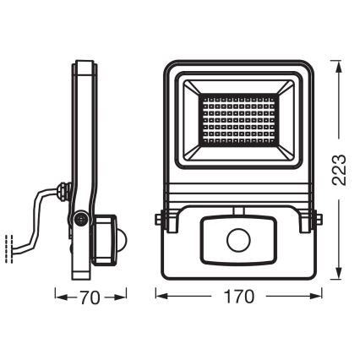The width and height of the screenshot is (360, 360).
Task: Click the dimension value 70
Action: coord(90,297)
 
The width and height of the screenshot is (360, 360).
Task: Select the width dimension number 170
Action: coord(240,297)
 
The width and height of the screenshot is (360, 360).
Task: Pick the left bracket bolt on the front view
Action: coord(162,220)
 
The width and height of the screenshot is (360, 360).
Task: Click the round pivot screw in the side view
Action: coord(80,218)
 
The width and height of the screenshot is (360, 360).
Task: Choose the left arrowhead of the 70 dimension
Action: coord(57,297)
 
